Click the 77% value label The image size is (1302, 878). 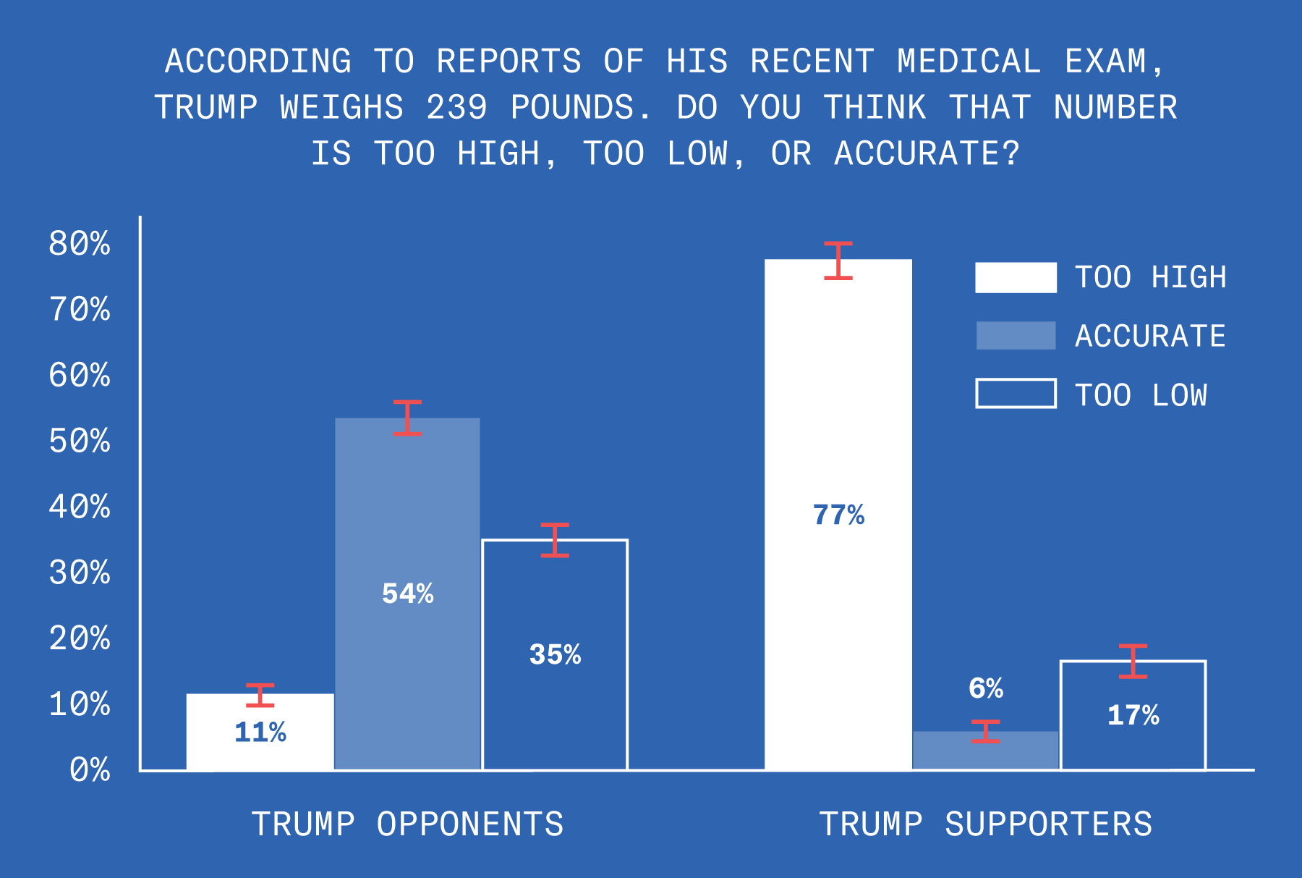[838, 515]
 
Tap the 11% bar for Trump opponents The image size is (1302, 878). [260, 733]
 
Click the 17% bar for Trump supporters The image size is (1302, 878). [1133, 716]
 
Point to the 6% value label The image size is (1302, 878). [986, 688]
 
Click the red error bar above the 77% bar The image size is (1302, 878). [838, 261]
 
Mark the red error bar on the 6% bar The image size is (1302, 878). [986, 732]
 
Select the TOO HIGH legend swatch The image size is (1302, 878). [1016, 277]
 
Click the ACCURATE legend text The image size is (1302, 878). [1150, 337]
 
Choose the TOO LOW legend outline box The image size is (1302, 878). [1016, 394]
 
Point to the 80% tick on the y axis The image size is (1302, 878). [80, 244]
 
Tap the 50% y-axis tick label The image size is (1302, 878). [80, 442]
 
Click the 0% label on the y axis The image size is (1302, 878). [90, 770]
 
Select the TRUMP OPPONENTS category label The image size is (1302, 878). [407, 824]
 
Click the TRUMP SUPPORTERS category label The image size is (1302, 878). [985, 824]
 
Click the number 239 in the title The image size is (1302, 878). [456, 108]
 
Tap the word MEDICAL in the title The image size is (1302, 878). [969, 62]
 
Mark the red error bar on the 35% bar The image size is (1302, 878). [555, 540]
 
